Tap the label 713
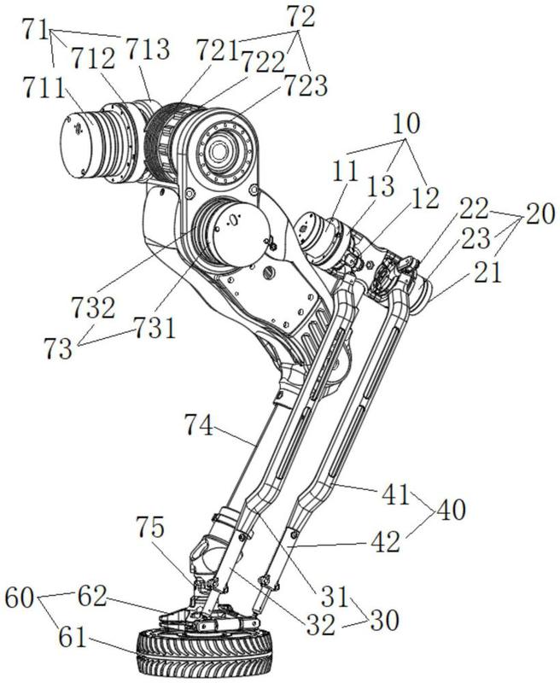(148, 49)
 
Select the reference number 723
(306, 86)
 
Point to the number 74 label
(199, 425)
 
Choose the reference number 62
(92, 597)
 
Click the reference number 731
(155, 328)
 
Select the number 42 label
(386, 543)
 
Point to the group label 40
(451, 510)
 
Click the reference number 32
(321, 626)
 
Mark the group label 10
(406, 124)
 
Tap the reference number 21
(487, 274)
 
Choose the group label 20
(540, 215)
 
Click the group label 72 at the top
(300, 18)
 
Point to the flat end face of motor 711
(76, 145)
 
